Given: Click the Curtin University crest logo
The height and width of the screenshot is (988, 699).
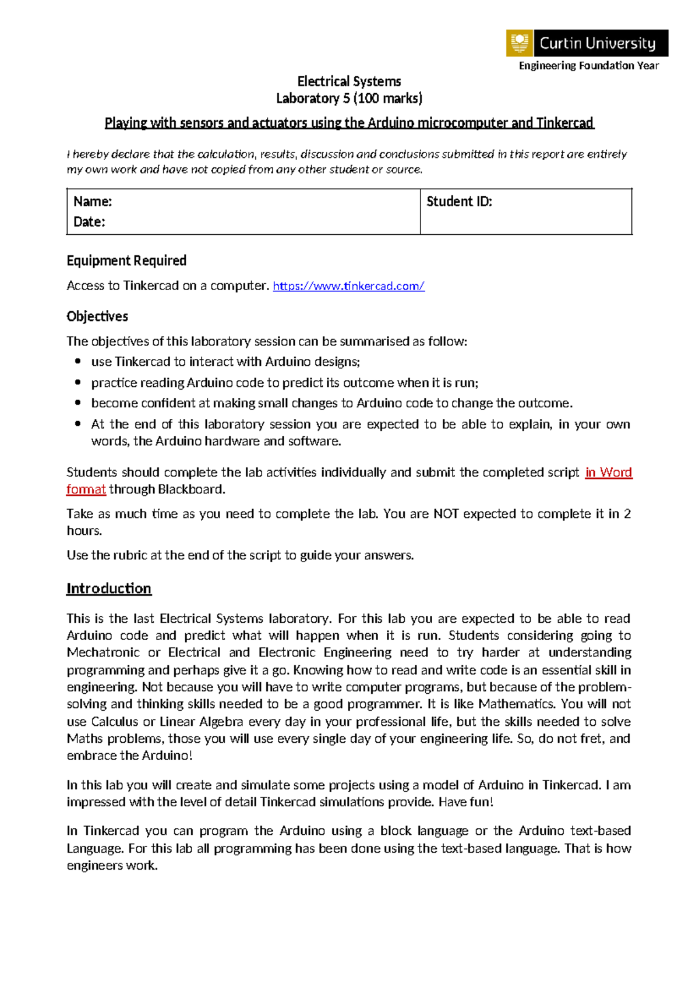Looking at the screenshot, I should tap(520, 43).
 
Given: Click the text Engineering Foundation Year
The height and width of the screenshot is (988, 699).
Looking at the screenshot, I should tap(588, 66).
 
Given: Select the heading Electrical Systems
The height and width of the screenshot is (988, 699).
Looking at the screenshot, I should tap(349, 82).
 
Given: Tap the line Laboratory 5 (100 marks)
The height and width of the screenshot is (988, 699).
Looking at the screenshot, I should tap(349, 98).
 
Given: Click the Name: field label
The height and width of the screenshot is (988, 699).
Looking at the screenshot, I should tap(93, 202).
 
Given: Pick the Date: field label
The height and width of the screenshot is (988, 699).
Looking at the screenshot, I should tap(89, 222).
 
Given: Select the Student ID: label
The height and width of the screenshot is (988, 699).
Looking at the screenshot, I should tap(459, 202).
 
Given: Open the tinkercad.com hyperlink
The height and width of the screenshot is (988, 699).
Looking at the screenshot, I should tap(348, 286).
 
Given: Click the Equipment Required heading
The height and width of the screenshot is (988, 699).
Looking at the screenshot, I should tap(126, 260).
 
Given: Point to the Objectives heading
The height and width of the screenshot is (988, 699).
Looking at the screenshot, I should tap(97, 316).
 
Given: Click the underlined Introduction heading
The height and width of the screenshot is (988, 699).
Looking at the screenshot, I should tap(109, 588).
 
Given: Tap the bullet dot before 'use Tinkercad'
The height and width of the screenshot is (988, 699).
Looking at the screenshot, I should tap(78, 361).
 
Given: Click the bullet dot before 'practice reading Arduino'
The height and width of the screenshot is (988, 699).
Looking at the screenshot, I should tap(78, 382).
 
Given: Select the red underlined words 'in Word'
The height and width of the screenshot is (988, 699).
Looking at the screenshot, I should tap(608, 472).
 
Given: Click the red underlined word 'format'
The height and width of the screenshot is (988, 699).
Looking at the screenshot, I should tap(86, 489).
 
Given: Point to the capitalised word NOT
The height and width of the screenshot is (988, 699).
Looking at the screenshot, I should tap(446, 514).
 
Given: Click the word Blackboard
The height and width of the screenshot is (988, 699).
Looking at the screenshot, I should tap(190, 489).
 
